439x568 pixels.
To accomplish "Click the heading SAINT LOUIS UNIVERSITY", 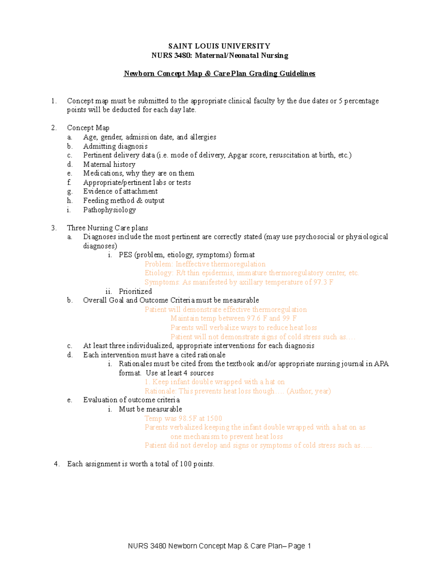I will pyautogui.click(x=219, y=46).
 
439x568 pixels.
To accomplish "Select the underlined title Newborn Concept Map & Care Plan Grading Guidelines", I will pyautogui.click(x=219, y=74).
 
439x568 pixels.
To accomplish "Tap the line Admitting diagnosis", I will pyautogui.click(x=115, y=146).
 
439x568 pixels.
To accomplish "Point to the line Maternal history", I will pyautogui.click(x=109, y=165).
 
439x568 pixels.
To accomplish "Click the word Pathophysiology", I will pyautogui.click(x=109, y=210).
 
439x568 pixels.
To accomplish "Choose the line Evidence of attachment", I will pyautogui.click(x=120, y=191).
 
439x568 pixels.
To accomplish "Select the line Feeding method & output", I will pyautogui.click(x=124, y=200).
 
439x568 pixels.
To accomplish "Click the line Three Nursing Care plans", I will pyautogui.click(x=108, y=228).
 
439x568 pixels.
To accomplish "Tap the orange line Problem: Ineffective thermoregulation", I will pyautogui.click(x=205, y=264).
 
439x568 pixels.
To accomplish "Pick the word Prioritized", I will pyautogui.click(x=135, y=291).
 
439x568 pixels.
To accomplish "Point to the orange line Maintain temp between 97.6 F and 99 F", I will pyautogui.click(x=233, y=318).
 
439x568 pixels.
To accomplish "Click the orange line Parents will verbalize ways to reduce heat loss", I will pyautogui.click(x=244, y=328).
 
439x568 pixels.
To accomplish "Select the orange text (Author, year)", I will pyautogui.click(x=309, y=391).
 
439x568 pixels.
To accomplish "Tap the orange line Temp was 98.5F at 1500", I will pyautogui.click(x=183, y=418).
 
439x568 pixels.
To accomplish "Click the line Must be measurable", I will pyautogui.click(x=150, y=409).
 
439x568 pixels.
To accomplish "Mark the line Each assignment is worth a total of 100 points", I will pyautogui.click(x=140, y=464).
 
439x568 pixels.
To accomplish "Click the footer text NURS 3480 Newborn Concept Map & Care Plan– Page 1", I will pyautogui.click(x=219, y=546).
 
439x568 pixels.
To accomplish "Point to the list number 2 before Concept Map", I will pyautogui.click(x=54, y=128).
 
